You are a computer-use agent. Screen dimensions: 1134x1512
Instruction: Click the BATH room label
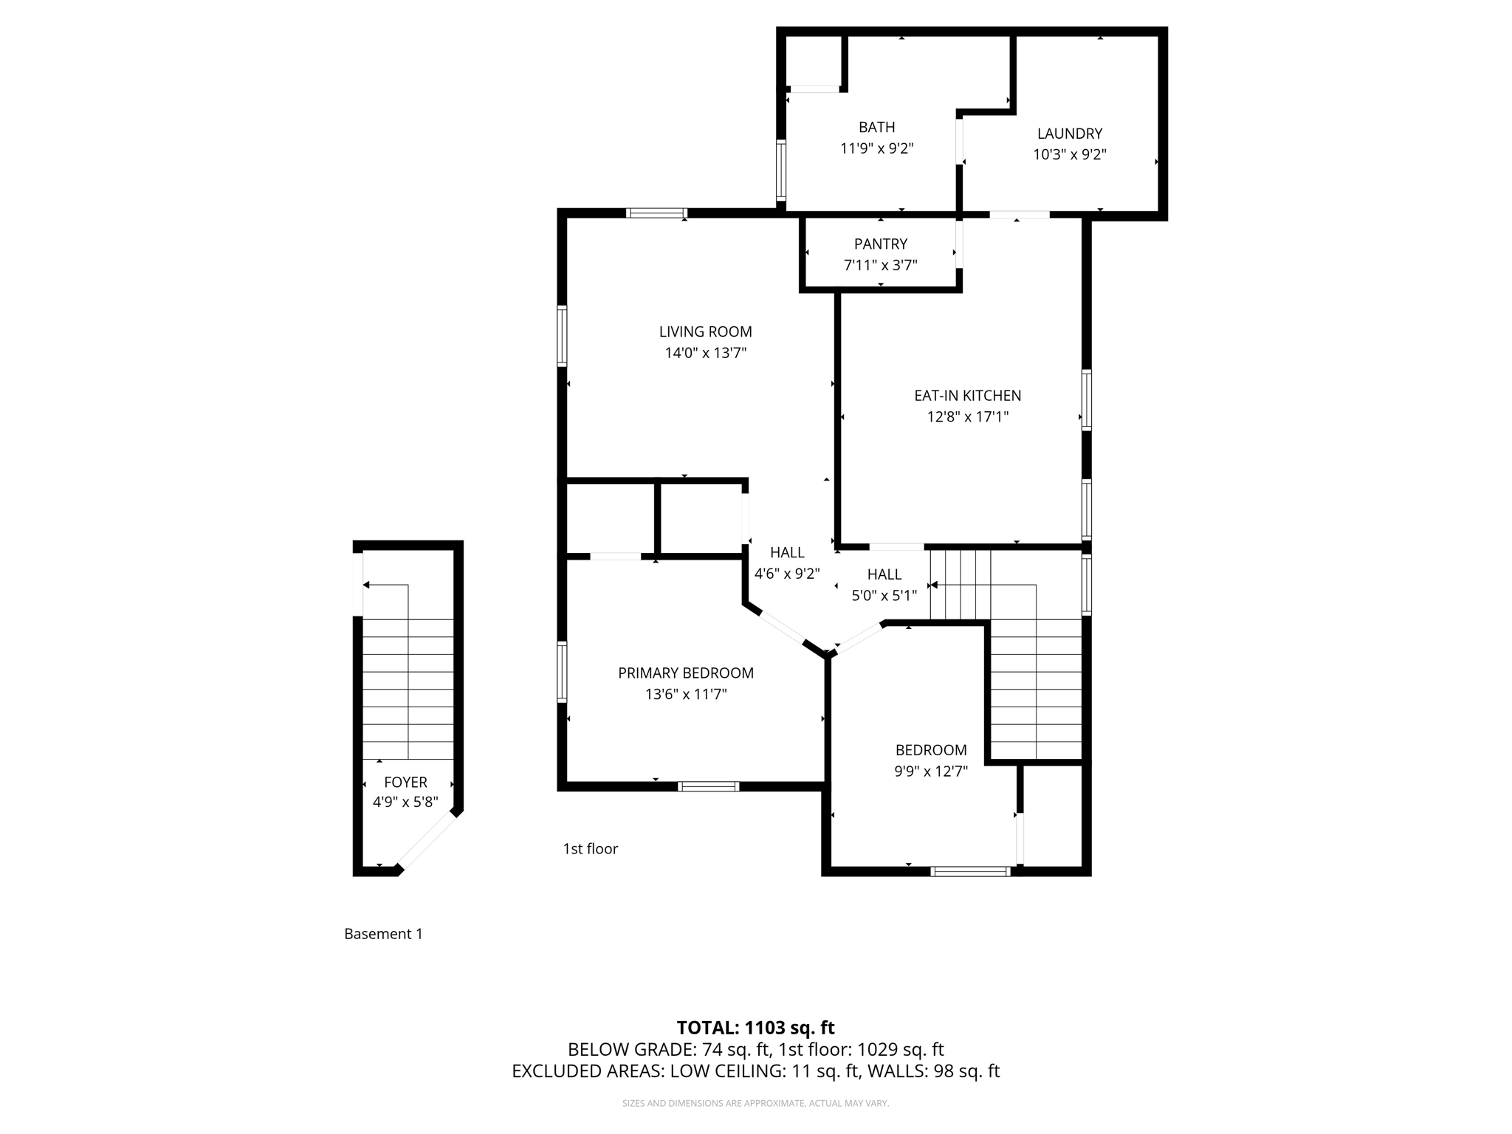876,128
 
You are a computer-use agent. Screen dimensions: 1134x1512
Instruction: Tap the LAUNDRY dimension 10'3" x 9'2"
1069,155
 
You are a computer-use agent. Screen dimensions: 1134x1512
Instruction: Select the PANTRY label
880,244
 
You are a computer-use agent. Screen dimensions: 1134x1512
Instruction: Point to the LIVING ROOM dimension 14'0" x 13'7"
705,354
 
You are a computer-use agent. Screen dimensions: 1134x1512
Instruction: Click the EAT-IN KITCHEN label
967,396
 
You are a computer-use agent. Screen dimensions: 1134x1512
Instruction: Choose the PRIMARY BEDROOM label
685,673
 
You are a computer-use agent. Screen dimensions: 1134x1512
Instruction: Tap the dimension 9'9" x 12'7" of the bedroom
930,772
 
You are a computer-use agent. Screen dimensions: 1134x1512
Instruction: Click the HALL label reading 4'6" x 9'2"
787,553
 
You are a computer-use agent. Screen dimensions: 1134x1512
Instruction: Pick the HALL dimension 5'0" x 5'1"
884,596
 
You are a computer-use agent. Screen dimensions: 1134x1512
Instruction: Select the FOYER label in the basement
405,783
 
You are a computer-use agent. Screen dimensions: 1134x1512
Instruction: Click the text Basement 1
383,934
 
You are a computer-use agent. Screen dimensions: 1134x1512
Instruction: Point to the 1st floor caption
590,849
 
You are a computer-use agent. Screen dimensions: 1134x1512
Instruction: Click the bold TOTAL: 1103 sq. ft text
755,1028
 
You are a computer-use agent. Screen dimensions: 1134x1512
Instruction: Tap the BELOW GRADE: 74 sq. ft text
669,1050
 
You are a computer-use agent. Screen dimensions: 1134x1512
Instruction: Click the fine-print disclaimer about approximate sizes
755,1103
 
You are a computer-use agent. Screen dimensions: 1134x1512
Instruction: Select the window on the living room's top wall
656,213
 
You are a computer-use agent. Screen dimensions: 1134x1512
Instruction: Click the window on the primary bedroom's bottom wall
708,786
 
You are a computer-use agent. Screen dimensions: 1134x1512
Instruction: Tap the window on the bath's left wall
780,171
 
